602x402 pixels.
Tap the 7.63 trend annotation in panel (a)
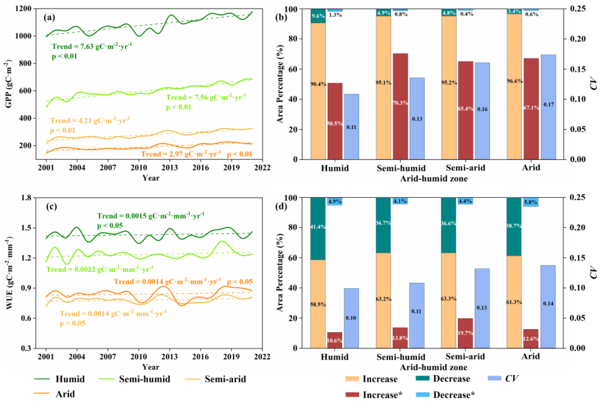(92, 47)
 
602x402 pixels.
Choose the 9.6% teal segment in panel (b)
(318, 16)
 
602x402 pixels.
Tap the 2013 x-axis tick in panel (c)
(169, 357)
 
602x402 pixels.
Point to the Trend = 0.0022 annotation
(99, 269)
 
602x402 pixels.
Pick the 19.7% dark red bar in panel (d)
(465, 333)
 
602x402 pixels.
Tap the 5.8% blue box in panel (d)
(530, 202)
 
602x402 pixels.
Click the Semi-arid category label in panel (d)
(465, 356)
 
